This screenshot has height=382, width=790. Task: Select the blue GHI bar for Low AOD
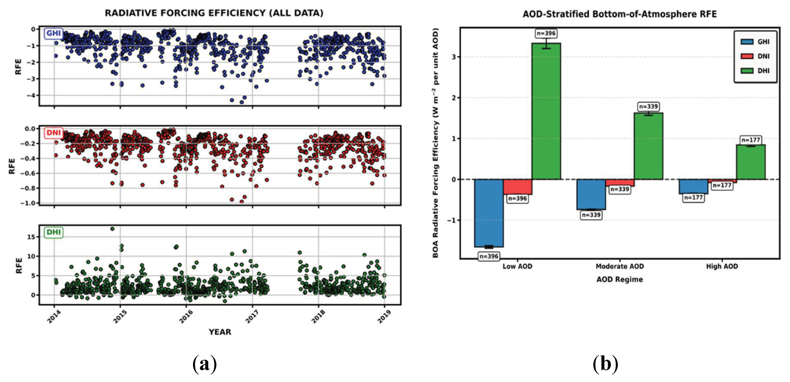(489, 213)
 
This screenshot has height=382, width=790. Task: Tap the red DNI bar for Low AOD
(517, 187)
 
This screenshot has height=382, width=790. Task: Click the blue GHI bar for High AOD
(694, 186)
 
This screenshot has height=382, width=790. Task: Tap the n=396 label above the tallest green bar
(546, 33)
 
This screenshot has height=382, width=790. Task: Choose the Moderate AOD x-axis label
(619, 266)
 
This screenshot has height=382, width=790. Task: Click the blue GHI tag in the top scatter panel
(53, 33)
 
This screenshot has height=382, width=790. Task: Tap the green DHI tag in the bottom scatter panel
(53, 232)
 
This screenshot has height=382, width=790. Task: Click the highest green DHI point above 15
(112, 229)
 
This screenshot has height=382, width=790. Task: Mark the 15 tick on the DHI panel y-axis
(31, 237)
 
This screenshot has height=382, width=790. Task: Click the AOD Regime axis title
(619, 279)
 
